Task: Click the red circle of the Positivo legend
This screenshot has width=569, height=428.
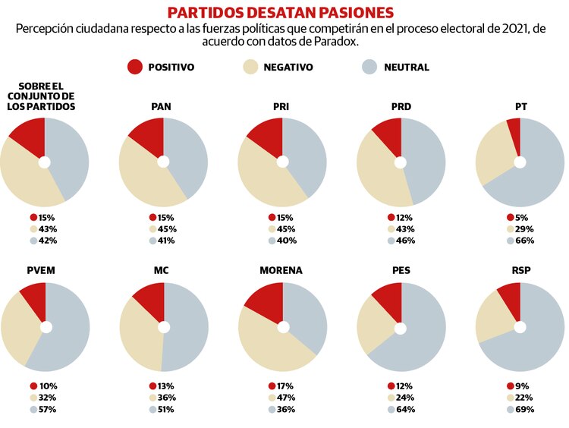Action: tap(135, 67)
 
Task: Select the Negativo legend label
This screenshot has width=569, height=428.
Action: tap(288, 68)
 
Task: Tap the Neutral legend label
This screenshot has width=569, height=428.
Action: tap(407, 68)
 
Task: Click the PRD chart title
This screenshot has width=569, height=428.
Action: tap(401, 106)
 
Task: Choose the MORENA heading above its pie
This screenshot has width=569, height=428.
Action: tap(281, 270)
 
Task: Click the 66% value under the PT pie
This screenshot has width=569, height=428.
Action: tap(524, 241)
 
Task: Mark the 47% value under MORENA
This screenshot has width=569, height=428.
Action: tap(285, 398)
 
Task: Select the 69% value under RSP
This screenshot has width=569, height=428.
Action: tap(524, 410)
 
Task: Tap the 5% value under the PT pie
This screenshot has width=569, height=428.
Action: tap(522, 217)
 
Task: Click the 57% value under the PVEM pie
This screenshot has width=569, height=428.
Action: tap(47, 410)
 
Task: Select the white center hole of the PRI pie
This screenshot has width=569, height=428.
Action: tap(282, 162)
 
